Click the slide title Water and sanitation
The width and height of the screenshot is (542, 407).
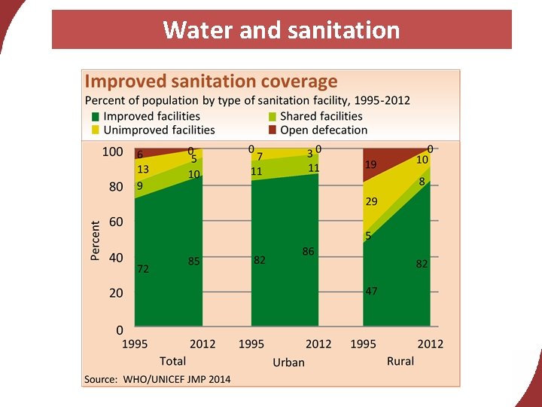[x=282, y=30]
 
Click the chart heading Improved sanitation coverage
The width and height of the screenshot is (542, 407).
[x=211, y=81]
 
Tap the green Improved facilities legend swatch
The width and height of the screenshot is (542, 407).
[x=95, y=117]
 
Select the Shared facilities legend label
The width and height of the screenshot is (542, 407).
[x=321, y=116]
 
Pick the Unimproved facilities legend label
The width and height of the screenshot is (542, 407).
[x=159, y=130]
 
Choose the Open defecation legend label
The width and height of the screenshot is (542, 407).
[x=324, y=130]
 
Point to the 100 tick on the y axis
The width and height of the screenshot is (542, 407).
[x=112, y=151]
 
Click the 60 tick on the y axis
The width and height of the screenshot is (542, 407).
[x=116, y=222]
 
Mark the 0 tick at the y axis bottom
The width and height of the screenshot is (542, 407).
[x=119, y=329]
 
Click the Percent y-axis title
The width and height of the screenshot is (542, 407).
[x=96, y=240]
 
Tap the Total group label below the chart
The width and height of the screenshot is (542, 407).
[x=172, y=361]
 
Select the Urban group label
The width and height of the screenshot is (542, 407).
[x=288, y=363]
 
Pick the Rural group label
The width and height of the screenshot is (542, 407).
[x=400, y=361]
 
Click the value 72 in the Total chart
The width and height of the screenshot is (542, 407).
[x=142, y=268]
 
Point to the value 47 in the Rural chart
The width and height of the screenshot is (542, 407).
[x=371, y=291]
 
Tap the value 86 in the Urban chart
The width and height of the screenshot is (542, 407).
[x=309, y=252]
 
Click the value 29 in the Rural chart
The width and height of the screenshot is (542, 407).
[x=371, y=202]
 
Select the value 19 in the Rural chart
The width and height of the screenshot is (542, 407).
[x=371, y=164]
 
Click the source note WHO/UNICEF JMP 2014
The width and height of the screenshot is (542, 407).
[x=157, y=378]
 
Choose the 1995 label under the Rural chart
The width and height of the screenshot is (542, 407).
[x=364, y=344]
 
